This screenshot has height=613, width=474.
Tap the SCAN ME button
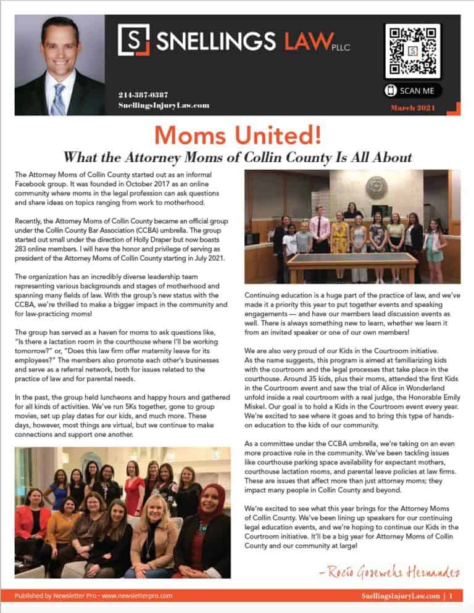tap(412, 91)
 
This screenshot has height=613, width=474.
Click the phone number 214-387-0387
tap(143, 94)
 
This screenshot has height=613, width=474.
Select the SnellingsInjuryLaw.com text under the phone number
tap(164, 105)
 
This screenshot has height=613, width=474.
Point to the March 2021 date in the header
tap(413, 109)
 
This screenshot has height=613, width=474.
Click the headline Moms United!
tap(237, 134)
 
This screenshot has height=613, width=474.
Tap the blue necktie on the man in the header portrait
tap(58, 99)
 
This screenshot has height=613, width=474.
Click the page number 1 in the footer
tap(452, 596)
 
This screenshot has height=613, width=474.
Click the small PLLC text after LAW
tap(341, 46)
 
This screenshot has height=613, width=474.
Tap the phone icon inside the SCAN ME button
tap(391, 91)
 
